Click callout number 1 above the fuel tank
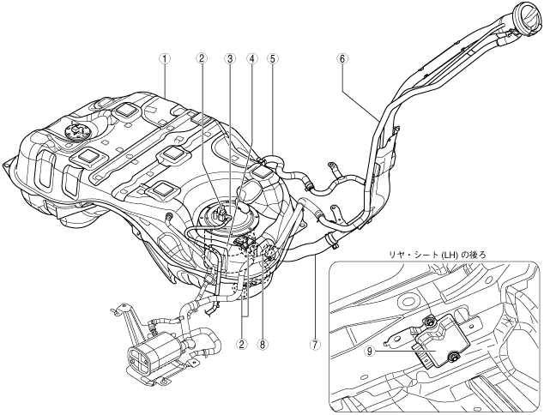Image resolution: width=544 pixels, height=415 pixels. click(x=165, y=58)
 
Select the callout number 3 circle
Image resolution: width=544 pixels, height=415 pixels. click(x=229, y=58)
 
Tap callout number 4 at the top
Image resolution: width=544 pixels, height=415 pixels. click(x=252, y=58)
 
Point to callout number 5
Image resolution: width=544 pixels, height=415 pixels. click(x=273, y=58)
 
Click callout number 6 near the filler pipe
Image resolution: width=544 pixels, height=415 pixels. click(x=342, y=58)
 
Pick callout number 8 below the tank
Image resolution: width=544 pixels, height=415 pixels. click(x=263, y=345)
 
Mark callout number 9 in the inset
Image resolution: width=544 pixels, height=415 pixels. click(x=370, y=352)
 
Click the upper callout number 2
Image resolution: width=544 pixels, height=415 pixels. click(x=202, y=58)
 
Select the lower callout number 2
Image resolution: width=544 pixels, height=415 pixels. click(x=241, y=345)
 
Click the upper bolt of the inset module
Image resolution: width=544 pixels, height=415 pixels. click(x=431, y=322)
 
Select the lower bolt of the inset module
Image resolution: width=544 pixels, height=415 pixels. click(x=453, y=356)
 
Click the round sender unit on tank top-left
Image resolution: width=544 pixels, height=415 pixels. click(x=77, y=133)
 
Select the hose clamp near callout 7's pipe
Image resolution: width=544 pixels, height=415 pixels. click(x=331, y=241)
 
